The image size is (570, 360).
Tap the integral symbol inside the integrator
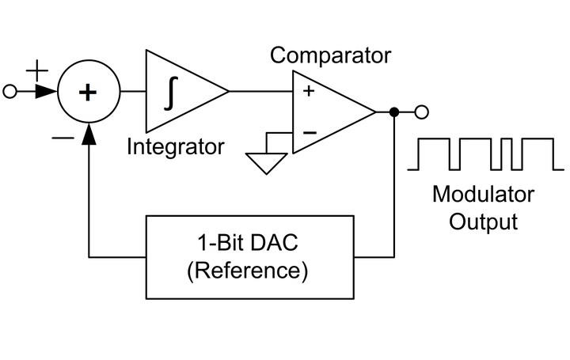169,93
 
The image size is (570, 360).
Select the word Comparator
330,55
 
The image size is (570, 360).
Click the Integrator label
175,146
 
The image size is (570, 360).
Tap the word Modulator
483,194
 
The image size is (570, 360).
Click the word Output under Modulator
483,221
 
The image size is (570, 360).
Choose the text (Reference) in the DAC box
247,271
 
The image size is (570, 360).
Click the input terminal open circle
10,93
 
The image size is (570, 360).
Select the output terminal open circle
421,112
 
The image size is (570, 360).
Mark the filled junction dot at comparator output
394,112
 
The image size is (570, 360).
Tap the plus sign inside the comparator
308,92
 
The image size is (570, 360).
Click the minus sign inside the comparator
309,132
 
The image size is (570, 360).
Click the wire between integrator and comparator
261,92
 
